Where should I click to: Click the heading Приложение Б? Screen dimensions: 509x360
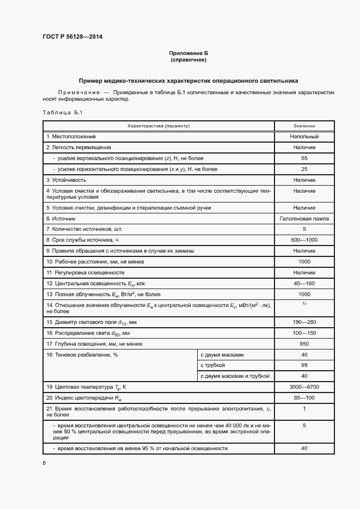pyautogui.click(x=188, y=53)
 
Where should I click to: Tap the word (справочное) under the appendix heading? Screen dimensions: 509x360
pyautogui.click(x=188, y=60)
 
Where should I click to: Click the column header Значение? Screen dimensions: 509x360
pyautogui.click(x=304, y=126)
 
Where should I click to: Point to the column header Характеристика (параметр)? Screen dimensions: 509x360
pyautogui.click(x=158, y=126)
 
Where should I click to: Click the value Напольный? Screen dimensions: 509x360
pyautogui.click(x=304, y=136)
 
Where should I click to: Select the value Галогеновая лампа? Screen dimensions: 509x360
pyautogui.click(x=304, y=218)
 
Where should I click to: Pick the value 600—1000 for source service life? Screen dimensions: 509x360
pyautogui.click(x=304, y=240)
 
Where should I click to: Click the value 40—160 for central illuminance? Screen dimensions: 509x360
pyautogui.click(x=304, y=283)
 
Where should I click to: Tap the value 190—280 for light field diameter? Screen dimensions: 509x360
pyautogui.click(x=304, y=322)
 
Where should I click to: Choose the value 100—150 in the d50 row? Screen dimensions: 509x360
pyautogui.click(x=304, y=333)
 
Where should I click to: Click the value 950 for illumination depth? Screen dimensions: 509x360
pyautogui.click(x=304, y=344)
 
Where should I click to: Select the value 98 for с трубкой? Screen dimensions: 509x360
pyautogui.click(x=304, y=365)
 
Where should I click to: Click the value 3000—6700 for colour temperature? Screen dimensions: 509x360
pyautogui.click(x=304, y=387)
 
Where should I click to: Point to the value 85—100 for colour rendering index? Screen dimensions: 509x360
pyautogui.click(x=304, y=397)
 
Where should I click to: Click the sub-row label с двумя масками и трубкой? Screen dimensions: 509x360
pyautogui.click(x=235, y=376)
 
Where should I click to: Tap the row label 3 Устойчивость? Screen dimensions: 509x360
pyautogui.click(x=66, y=179)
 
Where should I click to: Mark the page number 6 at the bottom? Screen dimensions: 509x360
pyautogui.click(x=44, y=463)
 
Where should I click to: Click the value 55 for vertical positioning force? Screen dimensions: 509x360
pyautogui.click(x=304, y=158)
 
